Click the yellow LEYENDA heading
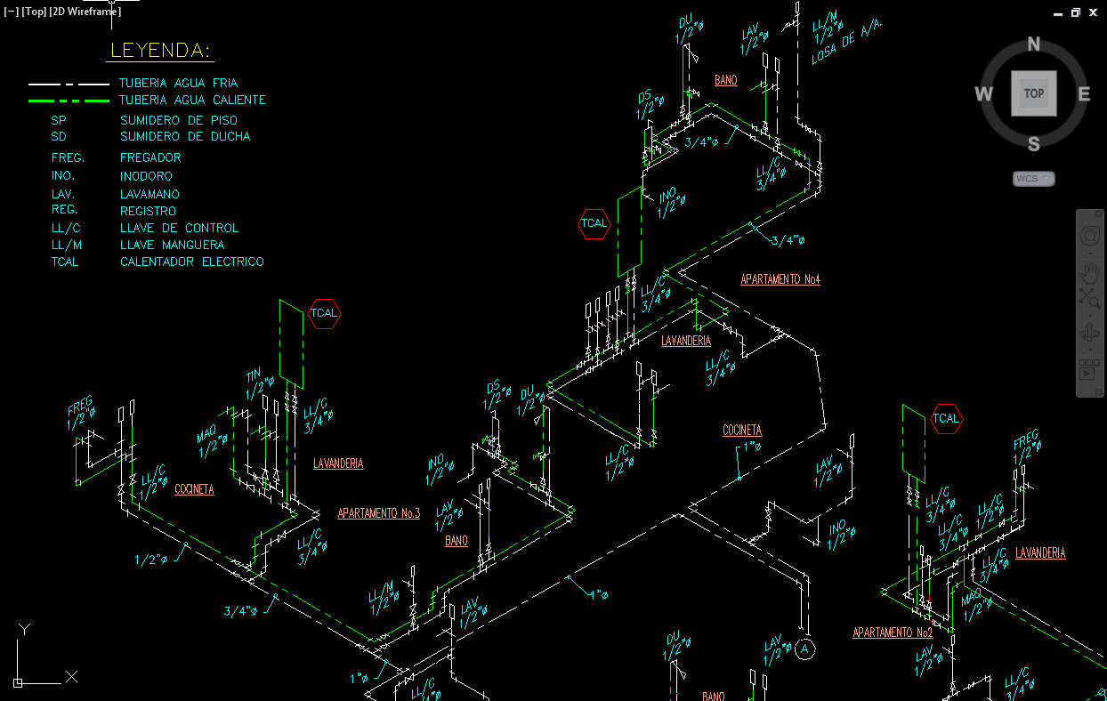pyautogui.click(x=160, y=51)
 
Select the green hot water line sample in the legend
pyautogui.click(x=69, y=101)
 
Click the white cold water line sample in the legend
pyautogui.click(x=69, y=84)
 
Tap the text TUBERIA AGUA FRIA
pyautogui.click(x=179, y=84)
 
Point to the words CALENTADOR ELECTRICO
pyautogui.click(x=192, y=262)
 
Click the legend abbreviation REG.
pyautogui.click(x=64, y=210)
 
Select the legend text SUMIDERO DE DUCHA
pyautogui.click(x=185, y=137)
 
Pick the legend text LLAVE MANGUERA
pyautogui.click(x=173, y=245)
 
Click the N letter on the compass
pyautogui.click(x=1034, y=44)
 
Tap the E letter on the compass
pyautogui.click(x=1084, y=94)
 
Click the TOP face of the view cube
pyautogui.click(x=1034, y=93)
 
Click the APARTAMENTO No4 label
pyautogui.click(x=780, y=280)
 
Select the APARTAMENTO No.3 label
pyautogui.click(x=378, y=513)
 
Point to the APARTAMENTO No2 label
pyautogui.click(x=893, y=633)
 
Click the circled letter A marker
pyautogui.click(x=805, y=649)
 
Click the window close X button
pyautogui.click(x=1094, y=12)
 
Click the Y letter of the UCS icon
pyautogui.click(x=25, y=629)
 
